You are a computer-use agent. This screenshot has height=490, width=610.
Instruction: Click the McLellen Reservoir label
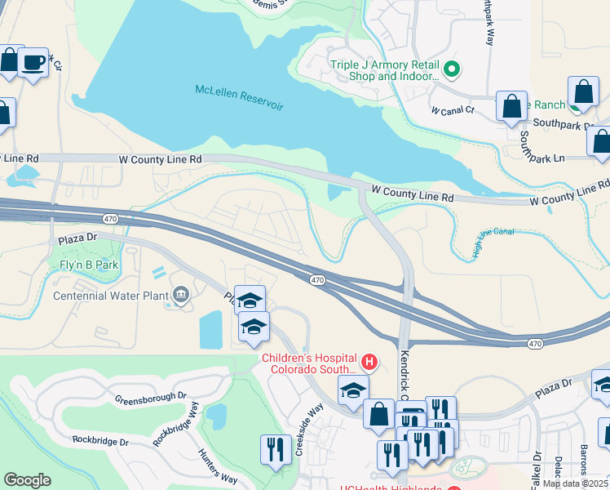239,97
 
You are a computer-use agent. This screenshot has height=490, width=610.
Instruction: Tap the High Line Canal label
494,243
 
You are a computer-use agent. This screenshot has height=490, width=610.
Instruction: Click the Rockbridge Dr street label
100,440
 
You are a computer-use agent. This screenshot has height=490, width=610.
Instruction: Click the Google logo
27,479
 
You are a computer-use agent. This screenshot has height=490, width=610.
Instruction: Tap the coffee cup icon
33,61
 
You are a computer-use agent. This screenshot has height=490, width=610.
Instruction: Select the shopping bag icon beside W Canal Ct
511,106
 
